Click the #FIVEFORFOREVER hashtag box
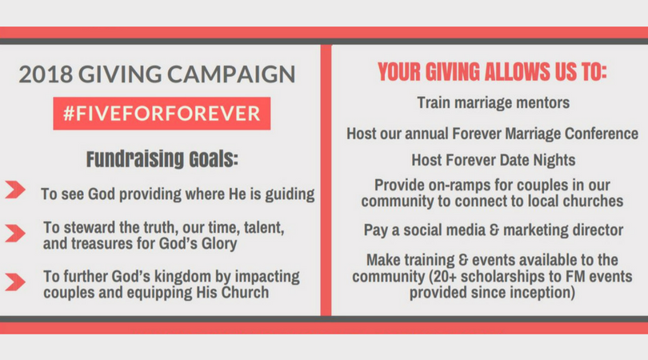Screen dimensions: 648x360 tap(162, 114)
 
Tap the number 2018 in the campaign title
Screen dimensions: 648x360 tap(46, 74)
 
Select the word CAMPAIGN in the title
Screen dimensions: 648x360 tap(231, 74)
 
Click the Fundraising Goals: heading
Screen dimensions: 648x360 tap(162, 159)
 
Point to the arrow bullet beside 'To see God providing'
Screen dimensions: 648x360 tap(15, 190)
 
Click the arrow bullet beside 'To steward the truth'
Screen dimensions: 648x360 tap(15, 233)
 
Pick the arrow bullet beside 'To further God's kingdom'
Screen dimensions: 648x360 tap(15, 282)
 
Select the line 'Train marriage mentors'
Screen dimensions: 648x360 tap(493, 102)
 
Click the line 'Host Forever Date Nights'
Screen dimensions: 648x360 tap(493, 160)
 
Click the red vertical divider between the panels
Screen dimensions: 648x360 tap(326, 180)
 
